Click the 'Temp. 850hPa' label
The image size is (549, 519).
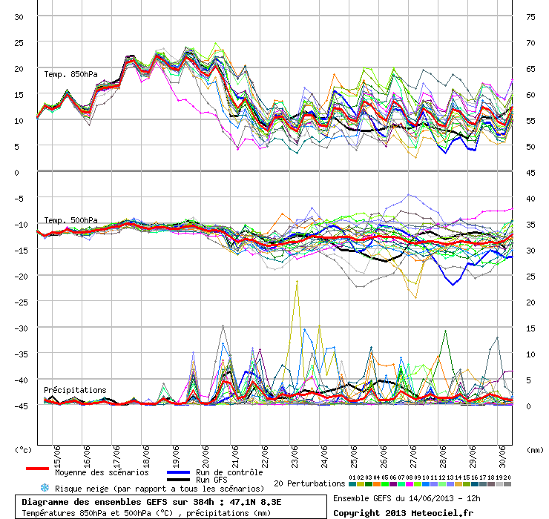pyautogui.click(x=70, y=74)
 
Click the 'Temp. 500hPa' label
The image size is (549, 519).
pyautogui.click(x=70, y=220)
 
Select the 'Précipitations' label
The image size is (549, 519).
pyautogui.click(x=75, y=390)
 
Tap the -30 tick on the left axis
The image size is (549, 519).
pyautogui.click(x=19, y=328)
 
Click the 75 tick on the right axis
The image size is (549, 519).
pyautogui.click(x=530, y=16)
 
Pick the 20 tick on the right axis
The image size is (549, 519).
pyautogui.click(x=530, y=302)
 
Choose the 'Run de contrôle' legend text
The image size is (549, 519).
pyautogui.click(x=229, y=472)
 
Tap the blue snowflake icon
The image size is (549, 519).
pyautogui.click(x=45, y=488)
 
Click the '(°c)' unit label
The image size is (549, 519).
pyautogui.click(x=24, y=449)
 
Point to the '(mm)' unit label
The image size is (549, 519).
pyautogui.click(x=534, y=449)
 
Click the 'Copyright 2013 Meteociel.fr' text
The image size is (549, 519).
pyautogui.click(x=402, y=512)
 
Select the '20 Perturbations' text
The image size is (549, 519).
pyautogui.click(x=309, y=483)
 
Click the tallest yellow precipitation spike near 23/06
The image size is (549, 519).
pyautogui.click(x=297, y=281)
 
